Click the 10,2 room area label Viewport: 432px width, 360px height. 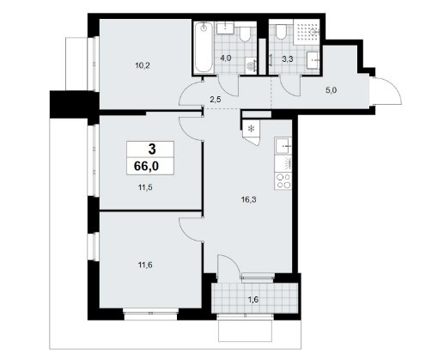coord(143,65)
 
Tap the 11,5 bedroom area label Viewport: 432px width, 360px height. coord(145,187)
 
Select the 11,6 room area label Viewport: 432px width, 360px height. coord(145,265)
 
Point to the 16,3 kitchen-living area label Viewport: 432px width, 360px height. coord(248,199)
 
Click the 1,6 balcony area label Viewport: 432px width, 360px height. coord(253,300)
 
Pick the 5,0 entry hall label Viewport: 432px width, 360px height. coord(331,90)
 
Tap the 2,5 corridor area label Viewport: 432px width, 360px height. coord(216,100)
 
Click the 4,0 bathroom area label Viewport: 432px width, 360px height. coord(226,58)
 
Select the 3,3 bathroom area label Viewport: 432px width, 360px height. coord(287,59)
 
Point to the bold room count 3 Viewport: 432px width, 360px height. coord(152,149)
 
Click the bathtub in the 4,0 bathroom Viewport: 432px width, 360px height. coord(204,47)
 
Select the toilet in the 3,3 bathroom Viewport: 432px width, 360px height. coord(281,32)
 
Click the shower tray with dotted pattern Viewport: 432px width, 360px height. coord(307,32)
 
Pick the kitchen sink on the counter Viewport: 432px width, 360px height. coord(283,146)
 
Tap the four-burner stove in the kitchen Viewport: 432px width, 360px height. coord(283,181)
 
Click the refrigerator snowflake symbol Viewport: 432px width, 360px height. coord(251,129)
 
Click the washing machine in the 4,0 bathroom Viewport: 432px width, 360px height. coord(251,65)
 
